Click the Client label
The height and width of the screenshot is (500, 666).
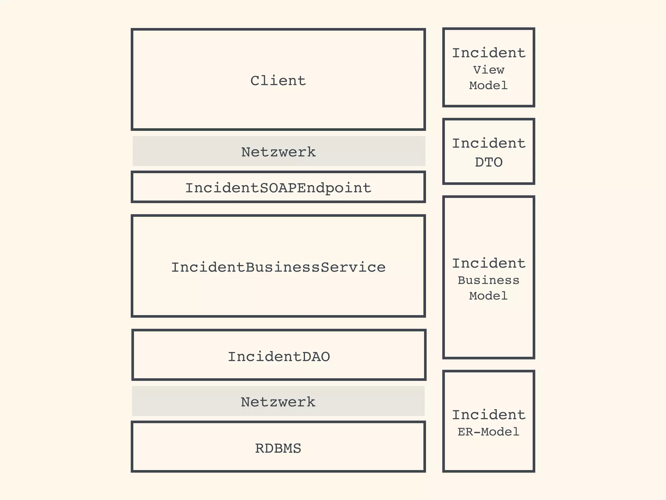[278, 81]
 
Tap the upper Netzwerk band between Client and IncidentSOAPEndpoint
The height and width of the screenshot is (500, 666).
[358, 151]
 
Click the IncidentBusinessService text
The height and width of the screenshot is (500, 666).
[278, 267]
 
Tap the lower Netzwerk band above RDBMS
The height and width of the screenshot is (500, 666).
[358, 401]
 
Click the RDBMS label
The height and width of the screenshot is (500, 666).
[278, 449]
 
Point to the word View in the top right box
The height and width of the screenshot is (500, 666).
[488, 70]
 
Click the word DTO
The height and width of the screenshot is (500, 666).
[488, 162]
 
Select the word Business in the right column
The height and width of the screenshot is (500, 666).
[488, 280]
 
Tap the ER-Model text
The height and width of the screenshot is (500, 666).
[488, 432]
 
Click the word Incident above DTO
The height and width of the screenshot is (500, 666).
[488, 144]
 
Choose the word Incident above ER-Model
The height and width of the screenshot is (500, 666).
[488, 415]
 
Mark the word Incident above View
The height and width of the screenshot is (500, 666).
[488, 53]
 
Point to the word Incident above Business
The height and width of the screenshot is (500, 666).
[488, 263]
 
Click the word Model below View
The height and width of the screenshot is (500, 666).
[488, 86]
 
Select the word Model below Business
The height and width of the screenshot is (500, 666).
[488, 296]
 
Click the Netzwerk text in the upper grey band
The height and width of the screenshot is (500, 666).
[278, 152]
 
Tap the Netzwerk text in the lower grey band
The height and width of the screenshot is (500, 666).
[278, 402]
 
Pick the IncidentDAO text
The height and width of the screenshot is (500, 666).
[279, 357]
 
